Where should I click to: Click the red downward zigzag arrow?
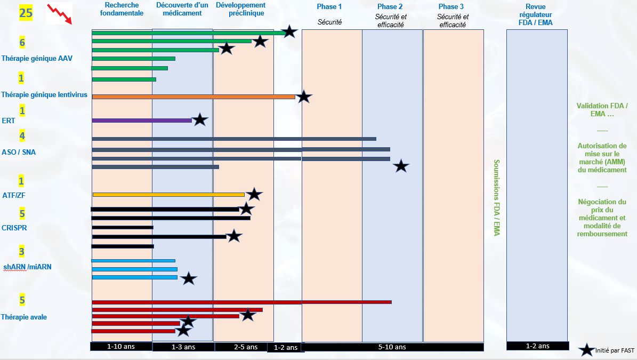[x=59, y=14]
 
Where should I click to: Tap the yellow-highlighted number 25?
[x=26, y=13]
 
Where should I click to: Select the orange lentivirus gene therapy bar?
[x=193, y=97]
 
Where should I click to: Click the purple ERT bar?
[x=142, y=121]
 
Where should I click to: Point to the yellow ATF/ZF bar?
[x=168, y=195]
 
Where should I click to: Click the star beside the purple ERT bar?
[x=199, y=120]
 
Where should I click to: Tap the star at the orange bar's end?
[x=303, y=97]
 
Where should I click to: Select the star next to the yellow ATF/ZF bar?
[x=254, y=194]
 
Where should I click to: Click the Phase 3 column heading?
[x=451, y=6]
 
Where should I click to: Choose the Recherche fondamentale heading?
[x=122, y=9]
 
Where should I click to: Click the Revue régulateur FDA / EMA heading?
[x=535, y=14]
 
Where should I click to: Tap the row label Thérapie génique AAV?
[x=37, y=58]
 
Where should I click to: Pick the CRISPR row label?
[x=14, y=228]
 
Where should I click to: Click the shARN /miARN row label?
[x=27, y=267]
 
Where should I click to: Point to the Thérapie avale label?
[x=24, y=317]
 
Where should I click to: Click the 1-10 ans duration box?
[x=121, y=347]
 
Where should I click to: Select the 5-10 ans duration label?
[x=392, y=347]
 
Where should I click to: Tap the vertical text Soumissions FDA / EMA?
[x=496, y=197]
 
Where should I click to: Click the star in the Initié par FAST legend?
[x=586, y=350]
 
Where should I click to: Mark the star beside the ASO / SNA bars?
[x=401, y=166]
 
